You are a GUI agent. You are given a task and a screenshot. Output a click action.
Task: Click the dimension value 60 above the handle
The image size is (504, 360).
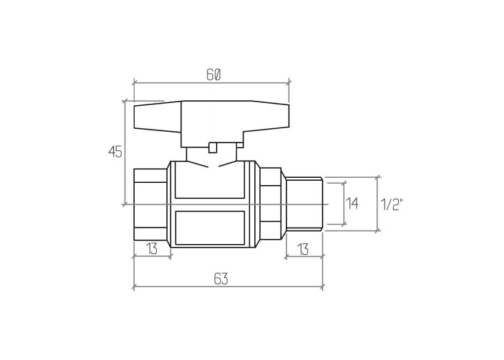[213, 75]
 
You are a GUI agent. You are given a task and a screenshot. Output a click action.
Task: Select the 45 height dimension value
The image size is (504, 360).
[115, 152]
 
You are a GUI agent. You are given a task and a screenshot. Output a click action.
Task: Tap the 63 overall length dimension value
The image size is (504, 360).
[221, 279]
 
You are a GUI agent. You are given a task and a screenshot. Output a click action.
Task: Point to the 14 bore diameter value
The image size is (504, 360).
[352, 204]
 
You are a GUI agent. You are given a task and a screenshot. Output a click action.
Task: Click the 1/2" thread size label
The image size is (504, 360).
[392, 204]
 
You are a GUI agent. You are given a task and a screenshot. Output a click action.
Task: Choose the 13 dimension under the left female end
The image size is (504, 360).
[152, 248]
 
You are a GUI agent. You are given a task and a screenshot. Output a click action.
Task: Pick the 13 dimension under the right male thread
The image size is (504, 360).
[303, 249]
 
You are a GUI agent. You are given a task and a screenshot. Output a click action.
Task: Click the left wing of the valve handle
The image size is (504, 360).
[158, 117]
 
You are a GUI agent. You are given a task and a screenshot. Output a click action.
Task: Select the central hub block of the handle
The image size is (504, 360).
[212, 124]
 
